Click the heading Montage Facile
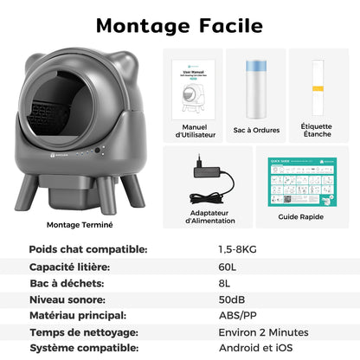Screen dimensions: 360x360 180,25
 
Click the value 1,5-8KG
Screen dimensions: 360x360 238,249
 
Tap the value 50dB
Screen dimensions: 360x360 231,299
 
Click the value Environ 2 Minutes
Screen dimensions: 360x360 263,332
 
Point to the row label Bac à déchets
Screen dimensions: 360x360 67,282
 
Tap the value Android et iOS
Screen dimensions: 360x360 255,349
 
